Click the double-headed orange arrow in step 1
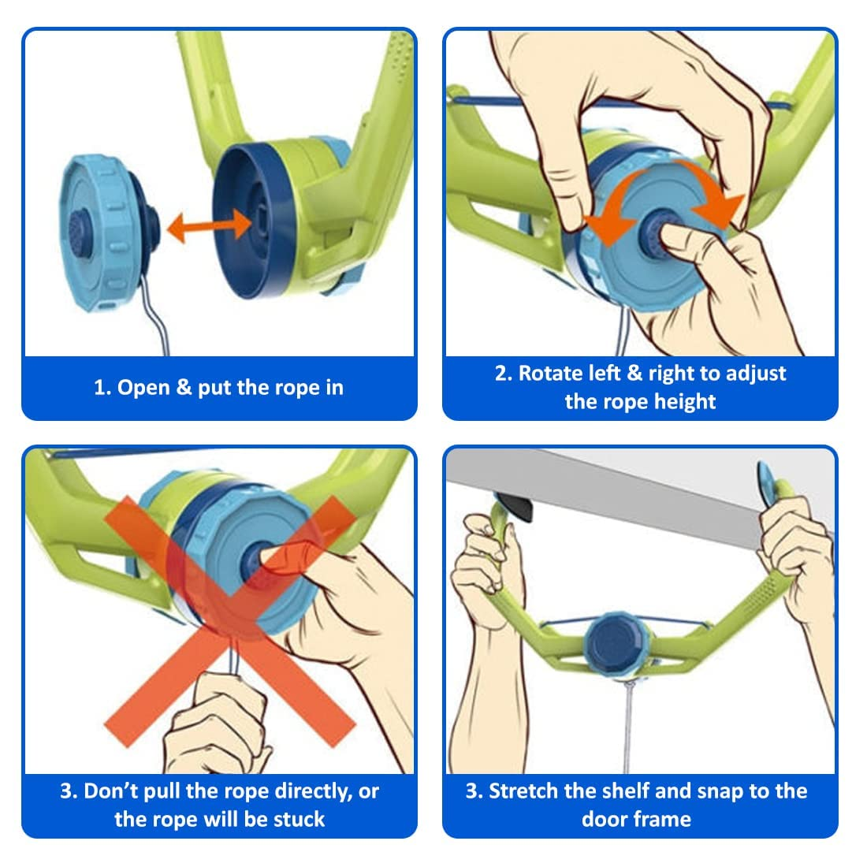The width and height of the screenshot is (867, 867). tap(208, 226)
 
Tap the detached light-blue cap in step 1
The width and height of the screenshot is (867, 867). tap(108, 233)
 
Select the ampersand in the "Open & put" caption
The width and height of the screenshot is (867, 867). tap(184, 387)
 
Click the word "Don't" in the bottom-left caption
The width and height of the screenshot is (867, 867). tap(110, 791)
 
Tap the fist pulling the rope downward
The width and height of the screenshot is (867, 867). tap(216, 724)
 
